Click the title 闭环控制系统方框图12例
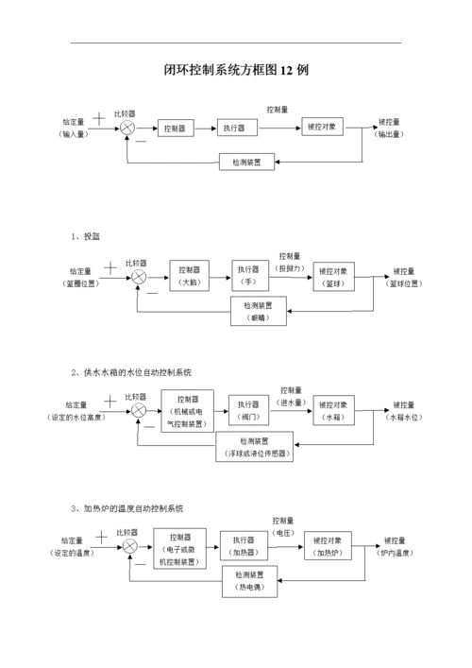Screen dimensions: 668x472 pos(236,71)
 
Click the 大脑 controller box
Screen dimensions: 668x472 pos(189,275)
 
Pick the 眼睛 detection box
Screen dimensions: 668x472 pos(258,312)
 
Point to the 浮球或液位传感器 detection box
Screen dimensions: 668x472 pos(254,447)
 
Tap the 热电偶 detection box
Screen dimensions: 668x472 pos(249,582)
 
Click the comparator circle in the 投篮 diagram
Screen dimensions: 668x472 pos(139,276)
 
